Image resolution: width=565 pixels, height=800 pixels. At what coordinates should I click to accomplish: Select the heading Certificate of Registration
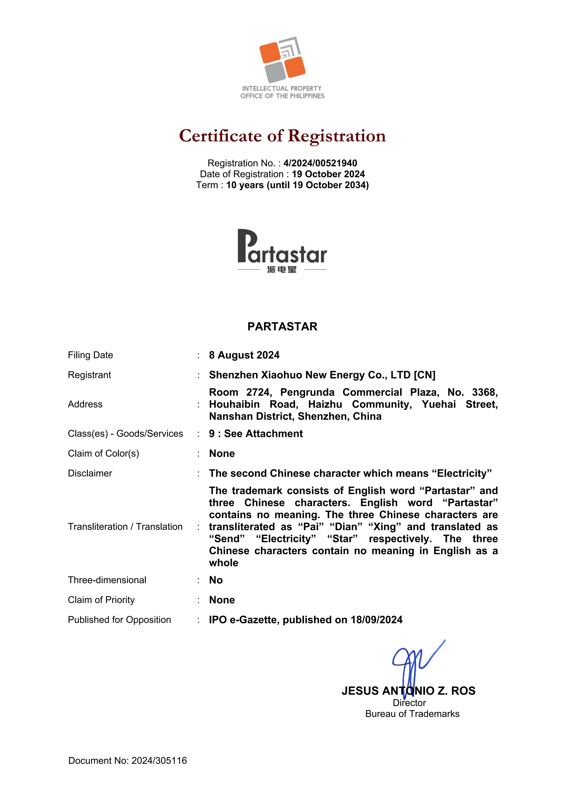[x=282, y=136]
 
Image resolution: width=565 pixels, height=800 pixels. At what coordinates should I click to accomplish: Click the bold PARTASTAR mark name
[x=282, y=327]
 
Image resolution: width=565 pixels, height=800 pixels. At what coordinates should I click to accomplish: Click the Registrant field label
[x=90, y=375]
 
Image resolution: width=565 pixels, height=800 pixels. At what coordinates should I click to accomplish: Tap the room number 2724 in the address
[x=258, y=392]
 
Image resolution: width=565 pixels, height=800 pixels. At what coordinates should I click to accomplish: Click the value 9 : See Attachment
[x=256, y=434]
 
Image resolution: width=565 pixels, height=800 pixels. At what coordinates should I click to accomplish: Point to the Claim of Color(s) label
[x=103, y=453]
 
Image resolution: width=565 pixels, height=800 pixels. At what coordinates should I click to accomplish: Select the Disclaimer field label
[x=90, y=473]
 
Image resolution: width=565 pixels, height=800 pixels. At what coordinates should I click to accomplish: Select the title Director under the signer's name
[x=409, y=703]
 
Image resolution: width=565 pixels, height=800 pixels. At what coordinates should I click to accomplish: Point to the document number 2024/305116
[x=159, y=760]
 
